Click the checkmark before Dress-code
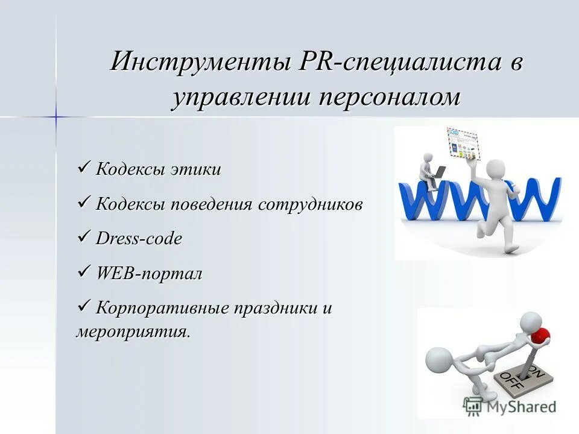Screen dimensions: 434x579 click(84, 236)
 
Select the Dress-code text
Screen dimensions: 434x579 click(139, 239)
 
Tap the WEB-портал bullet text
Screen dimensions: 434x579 click(149, 274)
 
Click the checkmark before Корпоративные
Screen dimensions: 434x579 click(84, 306)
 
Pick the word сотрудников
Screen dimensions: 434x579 click(311, 204)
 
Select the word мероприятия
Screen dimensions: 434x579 click(133, 332)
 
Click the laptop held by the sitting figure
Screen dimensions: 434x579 click(439, 172)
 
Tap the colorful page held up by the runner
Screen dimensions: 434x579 click(463, 145)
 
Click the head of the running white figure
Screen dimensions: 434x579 click(495, 169)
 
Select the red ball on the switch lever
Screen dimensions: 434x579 click(542, 333)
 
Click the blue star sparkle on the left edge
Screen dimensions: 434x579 click(55, 116)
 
